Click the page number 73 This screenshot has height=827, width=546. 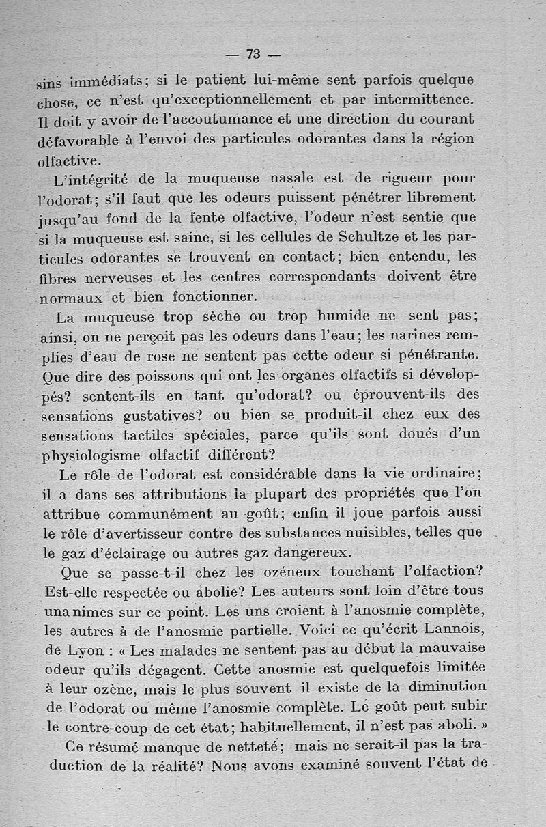[254, 55]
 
